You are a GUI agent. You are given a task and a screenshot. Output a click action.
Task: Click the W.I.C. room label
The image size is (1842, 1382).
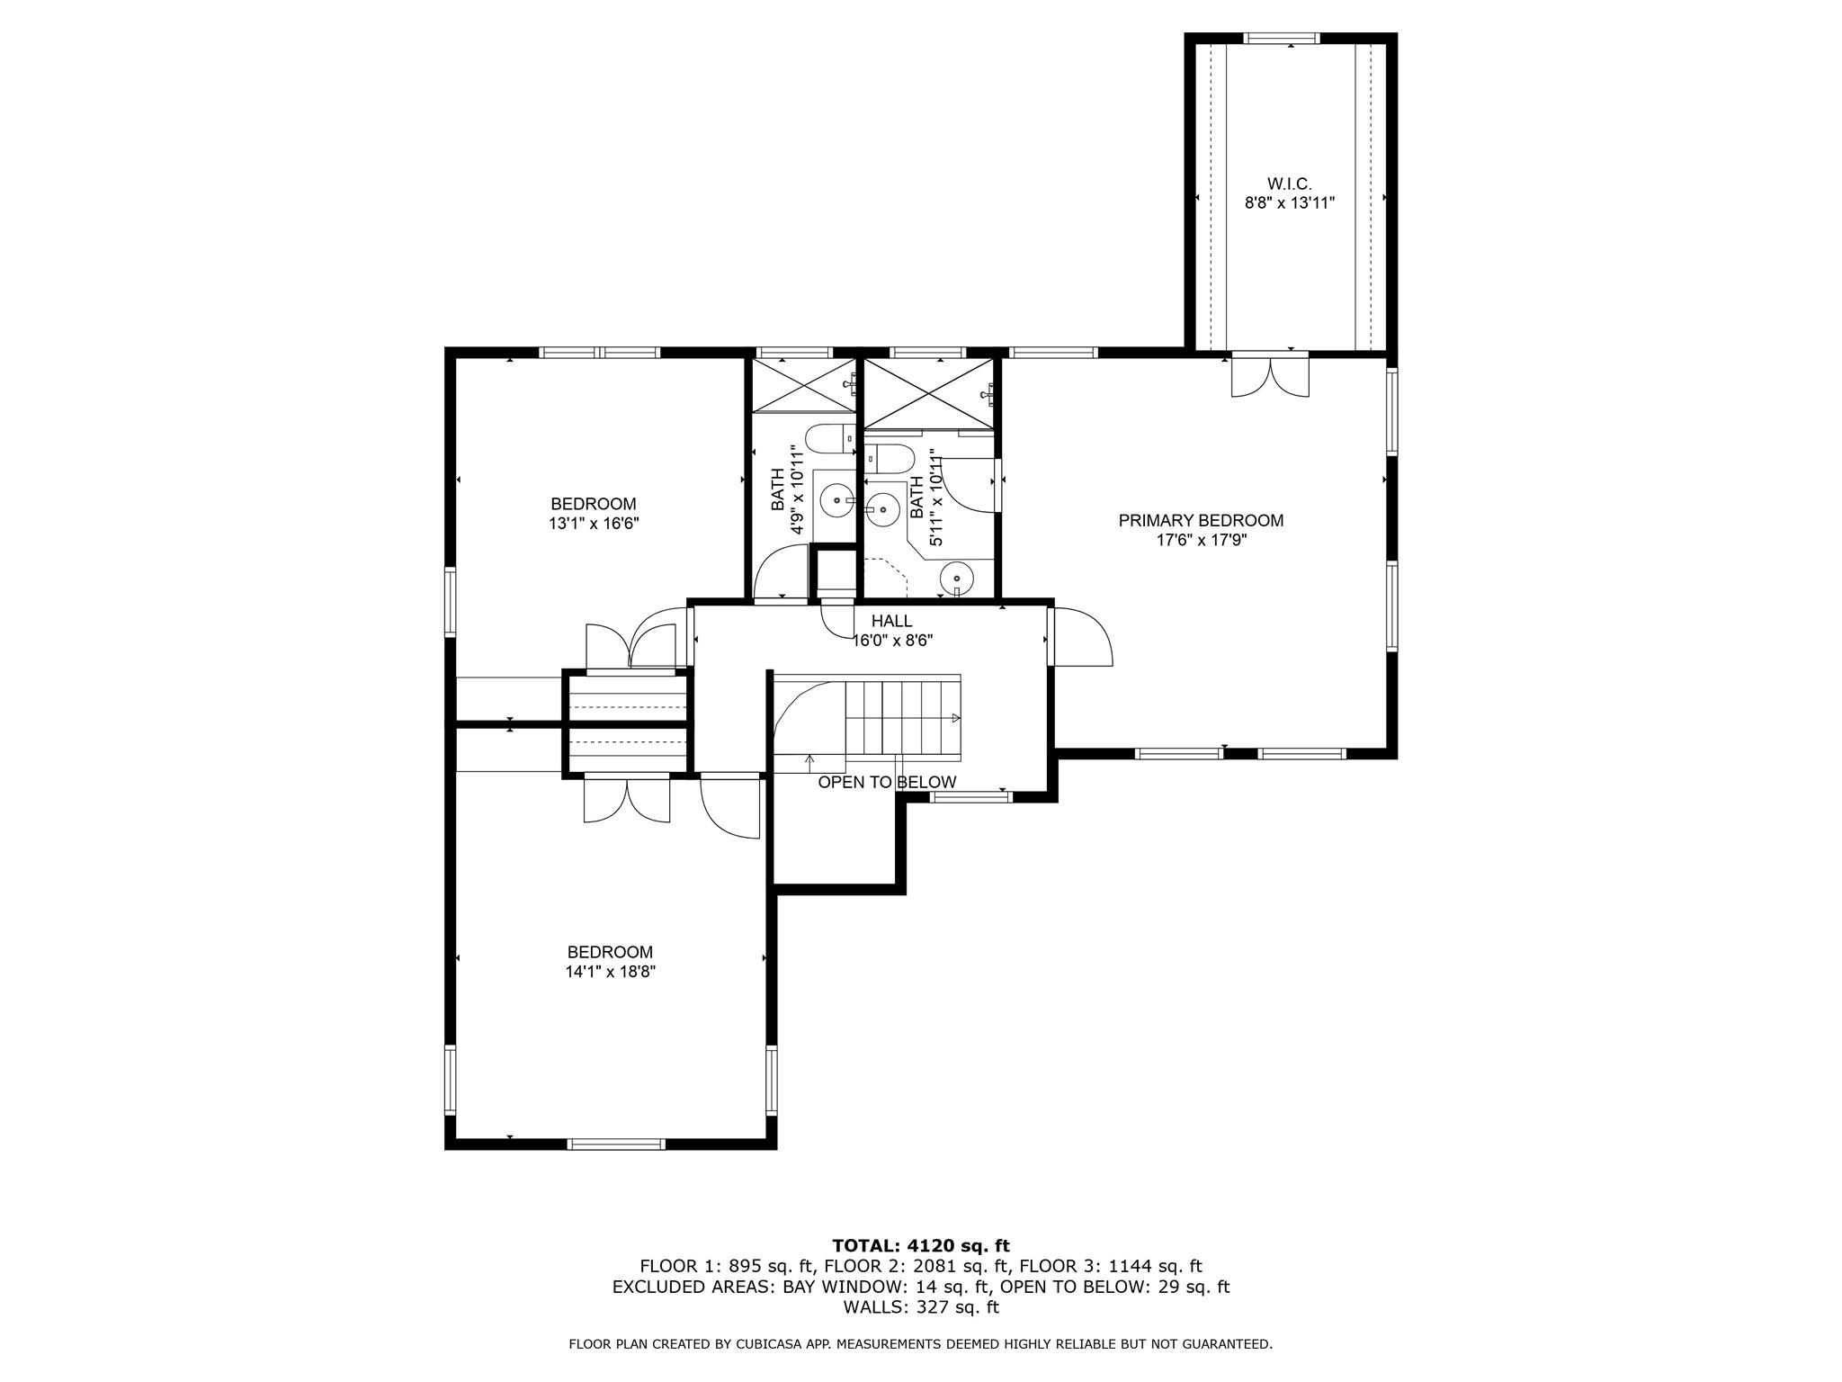(x=1289, y=184)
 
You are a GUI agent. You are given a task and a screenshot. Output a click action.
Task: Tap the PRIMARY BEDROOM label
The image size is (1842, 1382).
(x=1201, y=520)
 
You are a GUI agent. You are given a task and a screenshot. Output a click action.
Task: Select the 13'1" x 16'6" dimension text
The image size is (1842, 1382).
(x=594, y=524)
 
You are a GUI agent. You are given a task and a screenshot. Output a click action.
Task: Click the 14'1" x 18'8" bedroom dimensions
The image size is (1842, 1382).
(x=611, y=972)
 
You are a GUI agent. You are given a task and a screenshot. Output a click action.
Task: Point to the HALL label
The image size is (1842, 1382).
(x=891, y=621)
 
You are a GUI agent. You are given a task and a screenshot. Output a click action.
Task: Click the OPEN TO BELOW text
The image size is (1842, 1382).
(x=887, y=783)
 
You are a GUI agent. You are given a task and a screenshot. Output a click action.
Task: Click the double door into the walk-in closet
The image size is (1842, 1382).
(x=1270, y=376)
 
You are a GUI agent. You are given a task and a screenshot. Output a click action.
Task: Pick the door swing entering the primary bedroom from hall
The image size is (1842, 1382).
(x=1082, y=637)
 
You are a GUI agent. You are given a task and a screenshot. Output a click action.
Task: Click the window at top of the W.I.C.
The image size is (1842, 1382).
(x=1282, y=39)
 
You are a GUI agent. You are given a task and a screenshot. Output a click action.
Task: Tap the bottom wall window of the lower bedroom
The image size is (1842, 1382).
(x=616, y=1144)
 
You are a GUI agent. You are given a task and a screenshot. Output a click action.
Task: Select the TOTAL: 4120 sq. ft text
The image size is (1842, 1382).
(x=921, y=1246)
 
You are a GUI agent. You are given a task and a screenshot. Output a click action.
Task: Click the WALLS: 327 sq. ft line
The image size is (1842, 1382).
(x=921, y=1307)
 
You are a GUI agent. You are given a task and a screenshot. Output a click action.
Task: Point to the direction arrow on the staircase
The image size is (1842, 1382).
(x=954, y=718)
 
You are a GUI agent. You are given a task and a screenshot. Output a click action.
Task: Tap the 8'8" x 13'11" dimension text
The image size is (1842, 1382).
(x=1289, y=203)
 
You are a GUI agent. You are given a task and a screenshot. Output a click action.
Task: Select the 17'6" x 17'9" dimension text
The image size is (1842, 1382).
(x=1201, y=540)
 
